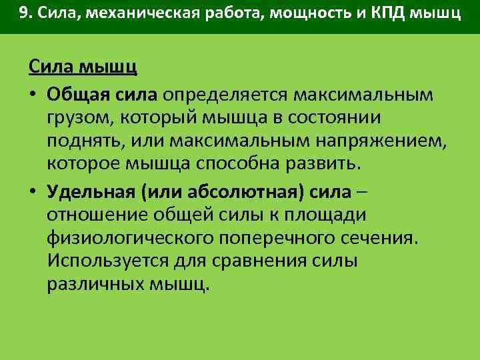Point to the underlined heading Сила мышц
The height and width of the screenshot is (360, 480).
tap(83, 67)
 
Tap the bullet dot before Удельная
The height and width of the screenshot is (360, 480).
tap(33, 193)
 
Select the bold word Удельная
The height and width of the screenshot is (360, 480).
tap(91, 193)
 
